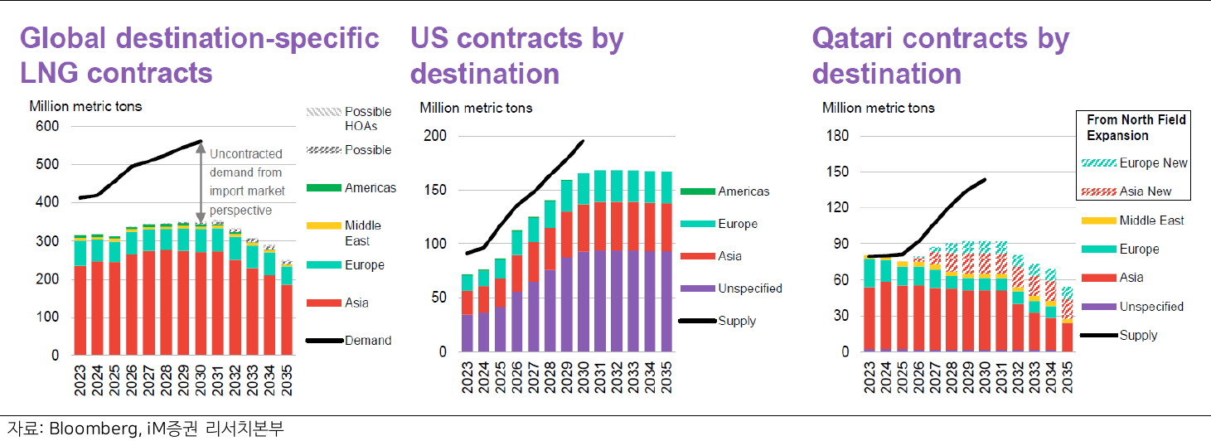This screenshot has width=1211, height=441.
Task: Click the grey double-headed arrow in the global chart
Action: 200,183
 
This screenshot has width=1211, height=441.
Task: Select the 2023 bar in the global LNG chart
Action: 80,298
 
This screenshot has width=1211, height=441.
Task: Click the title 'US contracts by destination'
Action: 517,56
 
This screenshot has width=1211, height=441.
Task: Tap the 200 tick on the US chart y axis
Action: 437,136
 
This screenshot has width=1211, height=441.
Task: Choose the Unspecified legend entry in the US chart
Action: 749,288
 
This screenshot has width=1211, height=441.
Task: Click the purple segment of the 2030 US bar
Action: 583,303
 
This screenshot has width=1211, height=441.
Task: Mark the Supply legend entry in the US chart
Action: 737,320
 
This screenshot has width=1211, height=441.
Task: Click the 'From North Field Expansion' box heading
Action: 1136,128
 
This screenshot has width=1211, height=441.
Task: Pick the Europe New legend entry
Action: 1153,162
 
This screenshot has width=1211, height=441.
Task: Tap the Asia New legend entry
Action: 1145,191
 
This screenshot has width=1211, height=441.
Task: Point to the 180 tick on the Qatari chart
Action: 839,136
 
